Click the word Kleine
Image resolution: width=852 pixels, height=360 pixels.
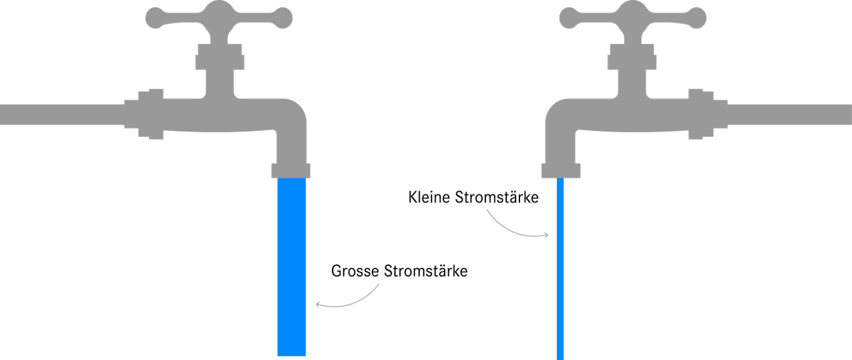[x=429, y=197]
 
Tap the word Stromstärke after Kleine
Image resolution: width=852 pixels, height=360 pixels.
[x=497, y=197]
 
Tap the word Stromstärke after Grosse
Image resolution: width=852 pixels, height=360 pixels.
[x=425, y=271]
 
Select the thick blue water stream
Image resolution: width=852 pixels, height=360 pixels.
[x=291, y=266]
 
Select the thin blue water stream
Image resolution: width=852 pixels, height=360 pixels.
[x=560, y=268]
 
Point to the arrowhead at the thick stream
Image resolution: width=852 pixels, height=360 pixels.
[x=318, y=305]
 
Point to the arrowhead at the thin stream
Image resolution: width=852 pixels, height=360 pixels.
[x=546, y=235]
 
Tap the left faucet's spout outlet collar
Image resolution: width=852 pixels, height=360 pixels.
[x=290, y=170]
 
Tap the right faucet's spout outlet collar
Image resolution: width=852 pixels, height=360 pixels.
[x=561, y=170]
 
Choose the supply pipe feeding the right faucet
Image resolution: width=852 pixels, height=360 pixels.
[x=790, y=115]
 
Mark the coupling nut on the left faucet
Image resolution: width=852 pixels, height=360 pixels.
[x=151, y=114]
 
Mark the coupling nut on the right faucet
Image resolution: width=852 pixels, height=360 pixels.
[x=701, y=114]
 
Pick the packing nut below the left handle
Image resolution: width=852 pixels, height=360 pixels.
[x=220, y=57]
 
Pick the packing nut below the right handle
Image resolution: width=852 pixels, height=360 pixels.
[x=632, y=57]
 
